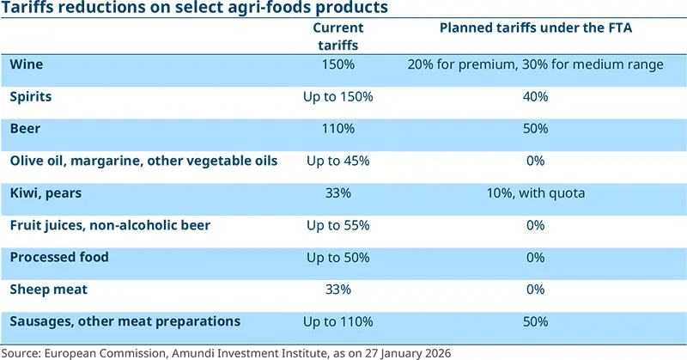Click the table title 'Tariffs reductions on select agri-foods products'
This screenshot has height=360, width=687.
194,9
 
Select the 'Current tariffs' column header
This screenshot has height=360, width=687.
337,36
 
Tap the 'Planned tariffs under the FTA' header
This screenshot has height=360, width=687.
535,28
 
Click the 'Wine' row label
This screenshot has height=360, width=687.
26,64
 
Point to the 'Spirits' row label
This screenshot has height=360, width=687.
31,97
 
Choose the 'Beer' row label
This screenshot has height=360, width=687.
26,129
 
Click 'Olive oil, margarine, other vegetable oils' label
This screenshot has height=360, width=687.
143,161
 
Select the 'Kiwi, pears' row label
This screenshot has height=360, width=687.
46,193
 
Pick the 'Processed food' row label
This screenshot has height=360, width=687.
59,257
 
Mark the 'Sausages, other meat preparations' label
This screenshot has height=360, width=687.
125,321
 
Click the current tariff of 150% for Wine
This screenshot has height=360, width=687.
337,64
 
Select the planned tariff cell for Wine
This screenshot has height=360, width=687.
535,64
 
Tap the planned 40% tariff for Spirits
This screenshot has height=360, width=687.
535,97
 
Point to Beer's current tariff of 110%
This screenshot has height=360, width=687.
337,129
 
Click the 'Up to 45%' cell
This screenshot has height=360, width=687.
337,161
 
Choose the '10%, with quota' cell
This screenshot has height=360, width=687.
535,193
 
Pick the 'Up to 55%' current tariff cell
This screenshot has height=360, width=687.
337,225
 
